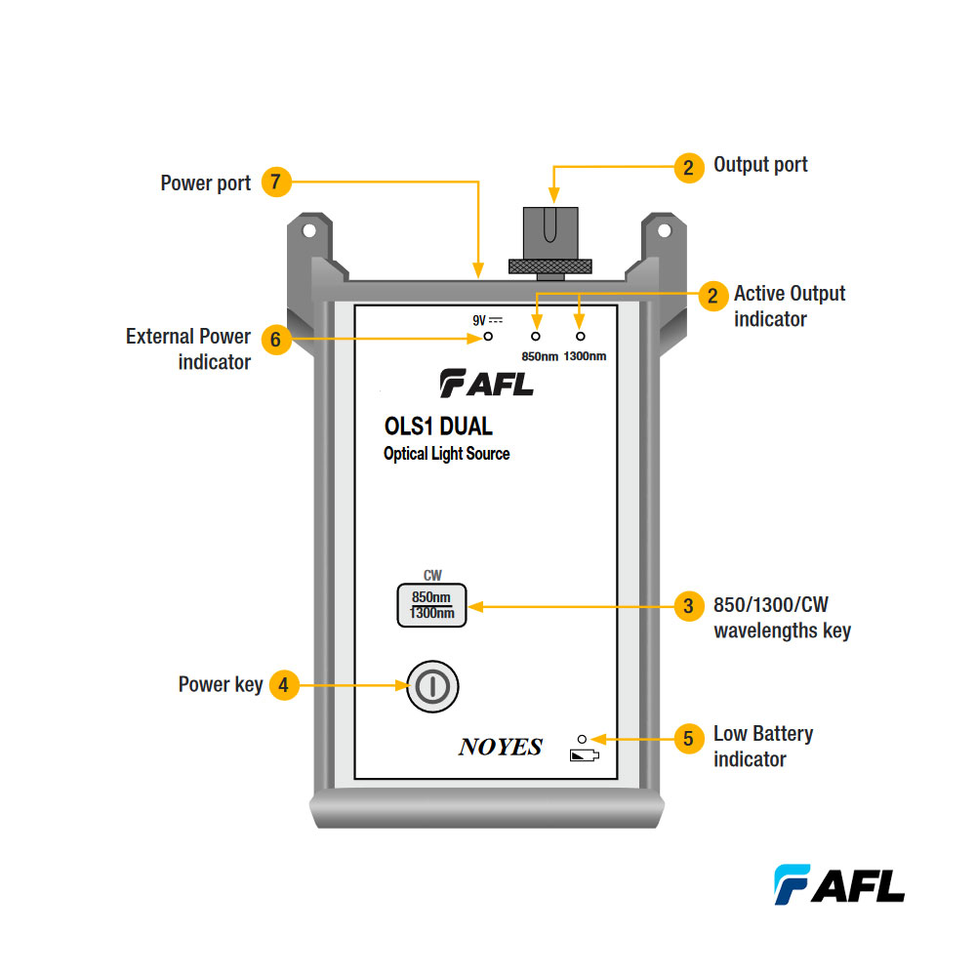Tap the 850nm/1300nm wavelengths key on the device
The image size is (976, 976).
pyautogui.click(x=431, y=605)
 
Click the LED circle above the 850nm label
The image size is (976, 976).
pyautogui.click(x=535, y=336)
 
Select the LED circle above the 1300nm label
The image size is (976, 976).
pyautogui.click(x=581, y=336)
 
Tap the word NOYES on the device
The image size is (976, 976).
pyautogui.click(x=500, y=748)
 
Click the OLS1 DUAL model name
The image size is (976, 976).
pyautogui.click(x=438, y=427)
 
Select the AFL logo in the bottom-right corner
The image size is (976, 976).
pyautogui.click(x=839, y=884)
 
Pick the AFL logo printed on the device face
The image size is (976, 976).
pyautogui.click(x=486, y=384)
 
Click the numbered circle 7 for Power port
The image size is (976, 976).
pyautogui.click(x=276, y=183)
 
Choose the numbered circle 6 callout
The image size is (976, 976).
pyautogui.click(x=276, y=339)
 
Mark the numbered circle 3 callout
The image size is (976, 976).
pyautogui.click(x=689, y=605)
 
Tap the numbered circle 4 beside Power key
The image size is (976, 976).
pyautogui.click(x=283, y=685)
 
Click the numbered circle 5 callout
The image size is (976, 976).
pyautogui.click(x=689, y=739)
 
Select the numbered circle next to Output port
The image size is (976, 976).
pyautogui.click(x=689, y=167)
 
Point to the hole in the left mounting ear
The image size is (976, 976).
pyautogui.click(x=308, y=231)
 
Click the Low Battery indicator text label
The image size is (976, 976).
pyautogui.click(x=762, y=746)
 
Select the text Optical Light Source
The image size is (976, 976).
pyautogui.click(x=446, y=454)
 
